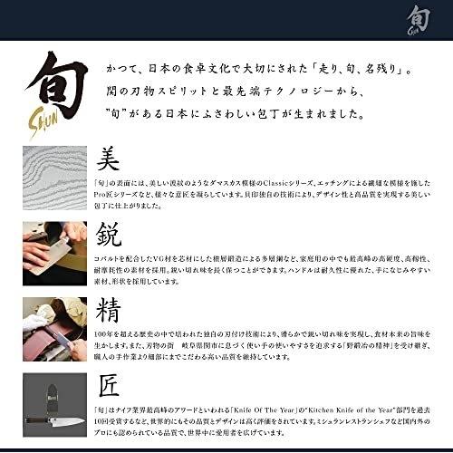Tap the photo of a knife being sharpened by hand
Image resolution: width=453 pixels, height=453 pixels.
[48, 248]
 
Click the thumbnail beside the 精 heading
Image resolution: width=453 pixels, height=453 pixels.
[48, 323]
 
